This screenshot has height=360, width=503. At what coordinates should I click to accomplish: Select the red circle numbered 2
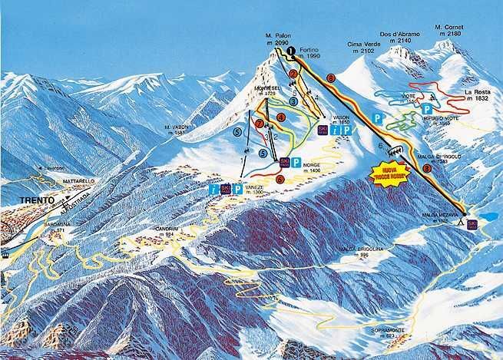pos(293,74)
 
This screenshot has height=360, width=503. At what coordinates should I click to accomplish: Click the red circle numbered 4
pos(281,118)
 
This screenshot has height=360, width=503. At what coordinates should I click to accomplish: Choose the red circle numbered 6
pos(280,178)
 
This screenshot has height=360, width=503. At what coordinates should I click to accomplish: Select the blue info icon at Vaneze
pos(213,188)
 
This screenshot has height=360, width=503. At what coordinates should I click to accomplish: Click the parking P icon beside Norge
pos(296,161)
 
